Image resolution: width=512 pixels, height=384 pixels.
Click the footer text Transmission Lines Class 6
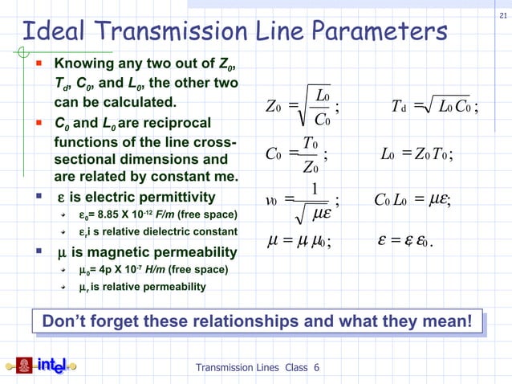[x=258, y=368]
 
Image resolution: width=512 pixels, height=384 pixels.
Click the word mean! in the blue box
[x=445, y=323]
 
